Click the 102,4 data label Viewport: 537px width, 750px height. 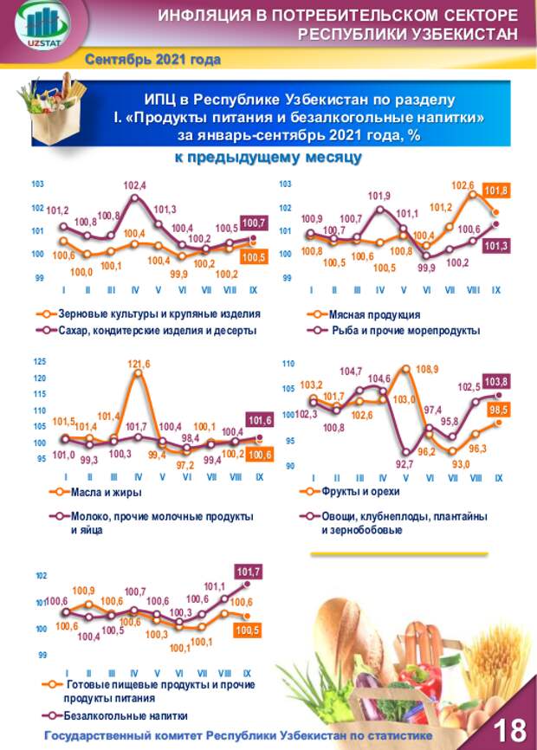(135, 185)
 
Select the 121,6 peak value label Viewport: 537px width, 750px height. (139, 365)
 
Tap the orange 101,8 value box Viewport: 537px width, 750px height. (496, 191)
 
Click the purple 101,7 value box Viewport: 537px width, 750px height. (248, 572)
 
